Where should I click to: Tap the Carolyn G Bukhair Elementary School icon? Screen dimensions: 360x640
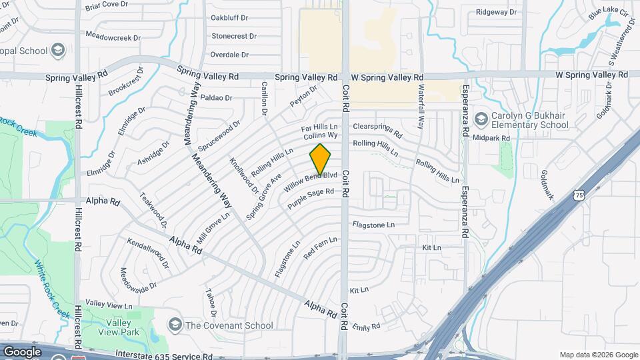(481, 119)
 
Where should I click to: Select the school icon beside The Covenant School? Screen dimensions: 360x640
(175, 325)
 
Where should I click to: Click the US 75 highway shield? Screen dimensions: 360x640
(579, 195)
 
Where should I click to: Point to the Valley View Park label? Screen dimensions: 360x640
(121, 328)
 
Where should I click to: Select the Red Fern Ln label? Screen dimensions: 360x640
(320, 248)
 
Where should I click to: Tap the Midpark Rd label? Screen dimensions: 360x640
(491, 138)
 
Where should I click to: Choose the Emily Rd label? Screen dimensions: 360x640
(366, 326)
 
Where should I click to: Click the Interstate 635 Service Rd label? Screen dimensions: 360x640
(163, 355)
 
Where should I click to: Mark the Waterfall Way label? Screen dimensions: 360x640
(420, 106)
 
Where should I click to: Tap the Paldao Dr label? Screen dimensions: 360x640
(215, 97)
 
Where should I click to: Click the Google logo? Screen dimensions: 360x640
(22, 352)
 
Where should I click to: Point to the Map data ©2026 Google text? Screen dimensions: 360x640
(598, 355)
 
